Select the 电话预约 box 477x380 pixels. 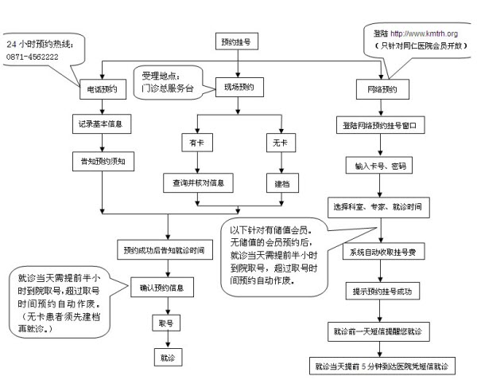pos(103,90)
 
